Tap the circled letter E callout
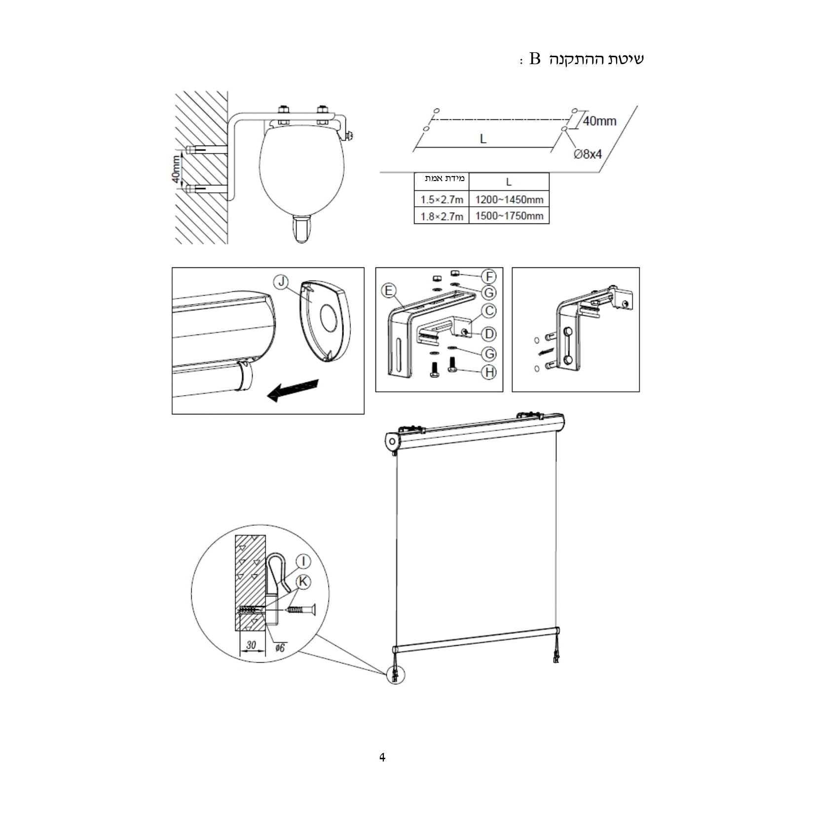[389, 291]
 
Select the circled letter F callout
[489, 276]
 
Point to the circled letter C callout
[489, 311]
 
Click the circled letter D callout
[489, 333]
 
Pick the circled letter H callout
[489, 371]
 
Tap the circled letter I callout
[303, 561]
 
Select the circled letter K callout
[303, 582]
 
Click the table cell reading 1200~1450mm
[509, 199]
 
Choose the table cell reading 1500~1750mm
[509, 216]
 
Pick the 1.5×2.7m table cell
[442, 199]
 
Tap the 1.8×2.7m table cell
[442, 216]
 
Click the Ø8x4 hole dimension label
[587, 154]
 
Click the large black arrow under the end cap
[293, 390]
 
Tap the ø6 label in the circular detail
[280, 647]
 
